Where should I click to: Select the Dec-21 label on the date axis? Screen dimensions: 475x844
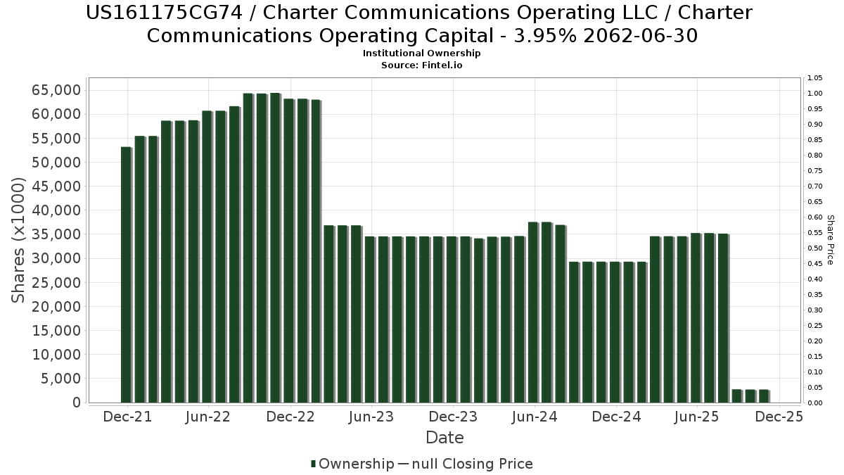[x=127, y=417]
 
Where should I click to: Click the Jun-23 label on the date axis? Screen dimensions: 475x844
[x=371, y=417]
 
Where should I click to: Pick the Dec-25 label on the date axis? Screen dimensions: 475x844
[x=779, y=417]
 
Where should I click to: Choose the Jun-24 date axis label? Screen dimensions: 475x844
[x=535, y=417]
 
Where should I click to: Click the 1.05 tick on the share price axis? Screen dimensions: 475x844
[x=815, y=78]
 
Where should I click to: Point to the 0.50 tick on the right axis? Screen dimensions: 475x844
[x=815, y=248]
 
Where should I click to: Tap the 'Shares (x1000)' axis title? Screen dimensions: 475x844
[x=19, y=240]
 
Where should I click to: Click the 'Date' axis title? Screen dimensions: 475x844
[x=445, y=438]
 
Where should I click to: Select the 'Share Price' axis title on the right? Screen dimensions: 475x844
[x=830, y=240]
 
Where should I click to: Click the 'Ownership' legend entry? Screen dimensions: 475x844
[x=356, y=464]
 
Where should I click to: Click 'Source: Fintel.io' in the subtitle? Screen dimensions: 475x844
[x=422, y=65]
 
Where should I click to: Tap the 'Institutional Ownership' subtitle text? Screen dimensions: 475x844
[x=422, y=53]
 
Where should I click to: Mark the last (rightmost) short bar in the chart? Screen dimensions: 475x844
[x=764, y=395]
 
